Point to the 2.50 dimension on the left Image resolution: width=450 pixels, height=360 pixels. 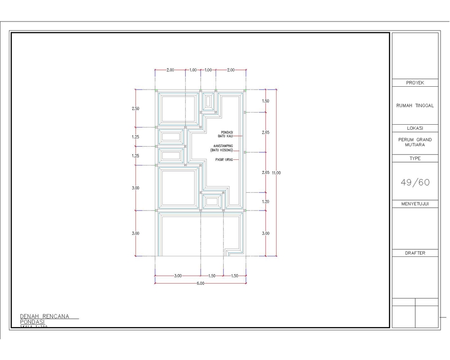pyautogui.click(x=135, y=108)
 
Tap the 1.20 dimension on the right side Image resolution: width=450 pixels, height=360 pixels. pyautogui.click(x=266, y=202)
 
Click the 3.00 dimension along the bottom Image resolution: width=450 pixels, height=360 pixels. pyautogui.click(x=178, y=276)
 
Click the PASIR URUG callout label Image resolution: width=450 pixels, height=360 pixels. pyautogui.click(x=224, y=160)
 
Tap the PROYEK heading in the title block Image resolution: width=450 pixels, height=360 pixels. pyautogui.click(x=415, y=82)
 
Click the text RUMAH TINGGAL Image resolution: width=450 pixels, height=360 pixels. pyautogui.click(x=415, y=105)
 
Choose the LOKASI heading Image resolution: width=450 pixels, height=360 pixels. pyautogui.click(x=415, y=128)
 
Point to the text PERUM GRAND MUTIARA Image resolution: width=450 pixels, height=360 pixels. pyautogui.click(x=415, y=142)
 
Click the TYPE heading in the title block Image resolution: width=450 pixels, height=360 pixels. pyautogui.click(x=415, y=158)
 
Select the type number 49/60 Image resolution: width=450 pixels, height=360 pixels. pyautogui.click(x=415, y=182)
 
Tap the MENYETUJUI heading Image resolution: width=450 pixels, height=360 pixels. pyautogui.click(x=415, y=204)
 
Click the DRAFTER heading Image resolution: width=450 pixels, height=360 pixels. pyautogui.click(x=415, y=253)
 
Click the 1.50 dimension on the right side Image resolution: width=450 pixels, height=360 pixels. pyautogui.click(x=266, y=101)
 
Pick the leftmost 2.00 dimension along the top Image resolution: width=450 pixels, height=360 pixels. pyautogui.click(x=170, y=70)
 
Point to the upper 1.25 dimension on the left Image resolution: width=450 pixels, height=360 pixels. pyautogui.click(x=135, y=137)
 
